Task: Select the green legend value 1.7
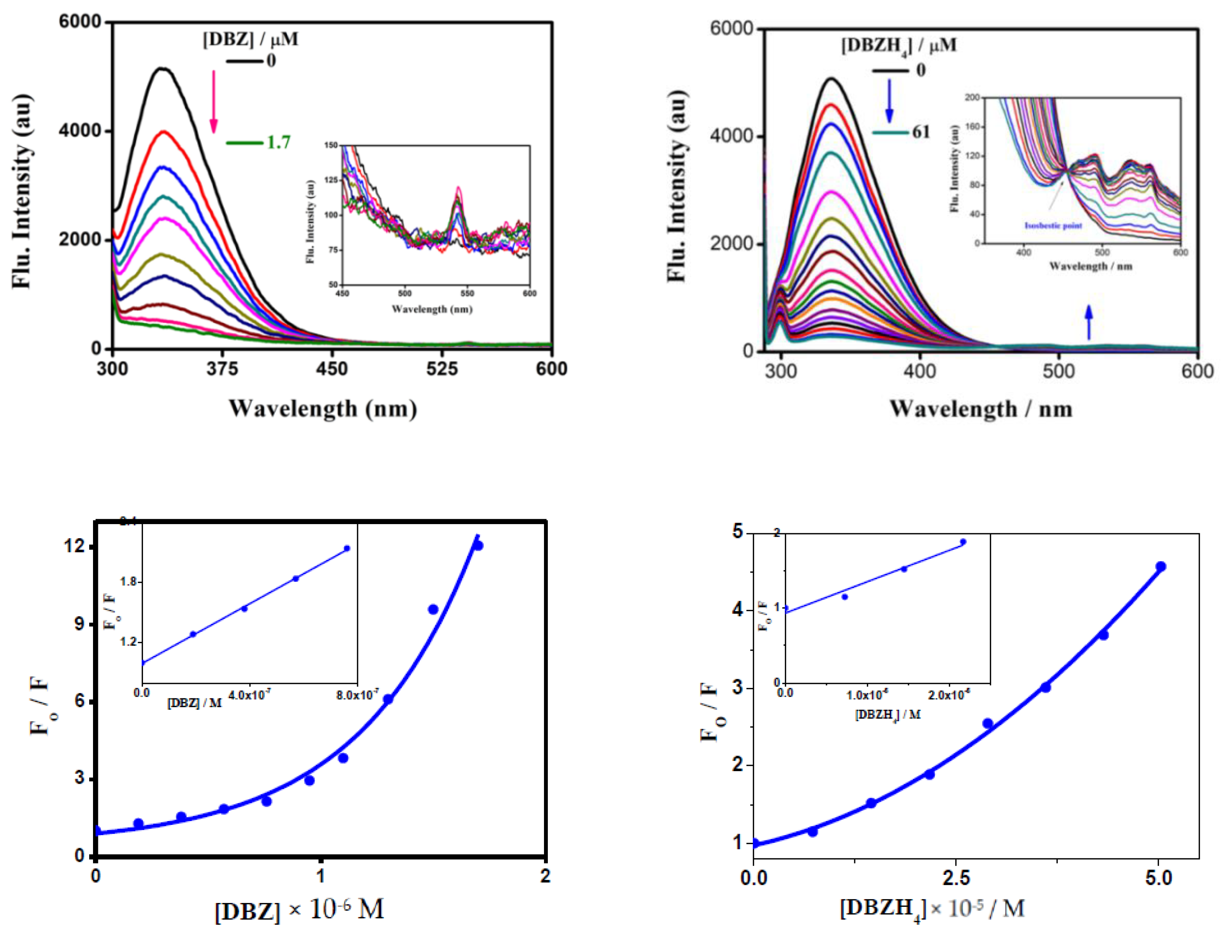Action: click(278, 143)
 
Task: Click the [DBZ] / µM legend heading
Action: click(250, 39)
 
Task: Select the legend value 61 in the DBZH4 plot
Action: click(921, 133)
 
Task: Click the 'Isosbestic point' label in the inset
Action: click(1053, 226)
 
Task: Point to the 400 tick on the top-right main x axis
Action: click(919, 372)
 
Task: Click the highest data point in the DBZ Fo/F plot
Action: click(477, 545)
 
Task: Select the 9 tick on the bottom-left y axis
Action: click(78, 624)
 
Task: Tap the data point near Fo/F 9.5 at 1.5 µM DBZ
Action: click(433, 609)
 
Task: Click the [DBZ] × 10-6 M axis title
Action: click(299, 910)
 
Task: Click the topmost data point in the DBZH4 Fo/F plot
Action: click(1160, 567)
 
